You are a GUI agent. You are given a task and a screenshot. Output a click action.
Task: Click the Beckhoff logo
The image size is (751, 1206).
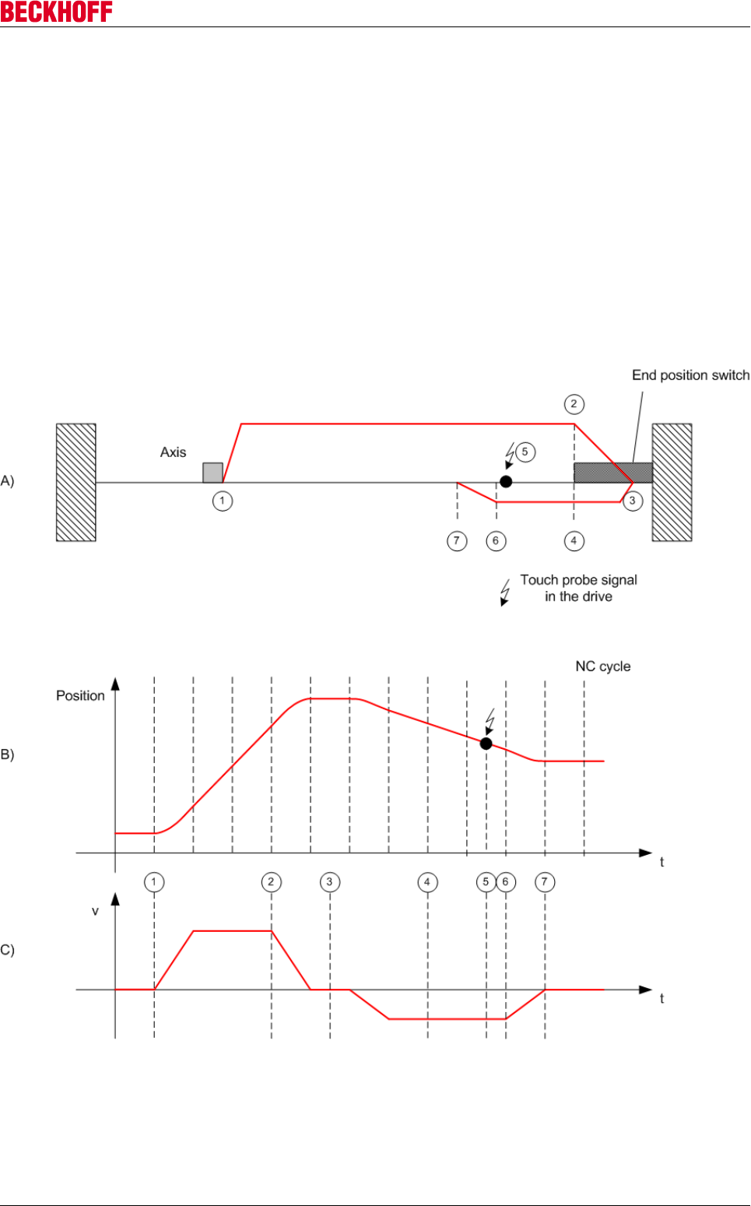56,12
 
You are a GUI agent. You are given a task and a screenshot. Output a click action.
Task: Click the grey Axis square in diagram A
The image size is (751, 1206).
212,473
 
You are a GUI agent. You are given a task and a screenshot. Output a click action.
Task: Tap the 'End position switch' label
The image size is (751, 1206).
690,375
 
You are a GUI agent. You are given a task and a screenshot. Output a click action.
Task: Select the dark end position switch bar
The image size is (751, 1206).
612,473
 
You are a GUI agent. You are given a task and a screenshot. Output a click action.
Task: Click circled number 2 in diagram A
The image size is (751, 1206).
574,404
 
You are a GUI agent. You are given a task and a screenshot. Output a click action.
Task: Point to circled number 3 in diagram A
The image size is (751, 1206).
633,501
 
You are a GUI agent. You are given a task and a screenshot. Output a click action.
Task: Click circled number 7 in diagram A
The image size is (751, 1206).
457,541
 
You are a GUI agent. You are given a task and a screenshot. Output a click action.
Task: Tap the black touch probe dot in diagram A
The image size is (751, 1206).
506,482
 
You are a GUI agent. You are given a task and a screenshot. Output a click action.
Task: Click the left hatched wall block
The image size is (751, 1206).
76,482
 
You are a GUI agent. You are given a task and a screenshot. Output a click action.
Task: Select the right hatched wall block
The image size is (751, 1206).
672,482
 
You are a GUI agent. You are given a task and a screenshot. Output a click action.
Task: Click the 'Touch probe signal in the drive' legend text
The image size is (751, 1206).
578,589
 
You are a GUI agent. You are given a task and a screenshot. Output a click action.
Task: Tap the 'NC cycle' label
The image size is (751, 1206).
603,666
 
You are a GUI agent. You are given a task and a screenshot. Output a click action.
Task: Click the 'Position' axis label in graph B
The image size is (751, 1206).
80,696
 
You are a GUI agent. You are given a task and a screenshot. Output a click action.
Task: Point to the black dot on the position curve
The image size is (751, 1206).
486,744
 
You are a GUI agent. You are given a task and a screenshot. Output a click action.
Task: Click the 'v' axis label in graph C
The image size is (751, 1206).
95,911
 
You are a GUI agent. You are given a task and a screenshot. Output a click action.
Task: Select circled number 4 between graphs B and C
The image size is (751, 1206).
427,882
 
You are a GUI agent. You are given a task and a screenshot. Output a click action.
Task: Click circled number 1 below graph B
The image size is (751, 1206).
154,882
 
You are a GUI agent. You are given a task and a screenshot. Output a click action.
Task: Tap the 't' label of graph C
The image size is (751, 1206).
662,999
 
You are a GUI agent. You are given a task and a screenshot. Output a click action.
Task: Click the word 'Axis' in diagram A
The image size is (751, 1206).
173,452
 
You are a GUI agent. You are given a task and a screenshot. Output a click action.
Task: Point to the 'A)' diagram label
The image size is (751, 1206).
8,481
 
